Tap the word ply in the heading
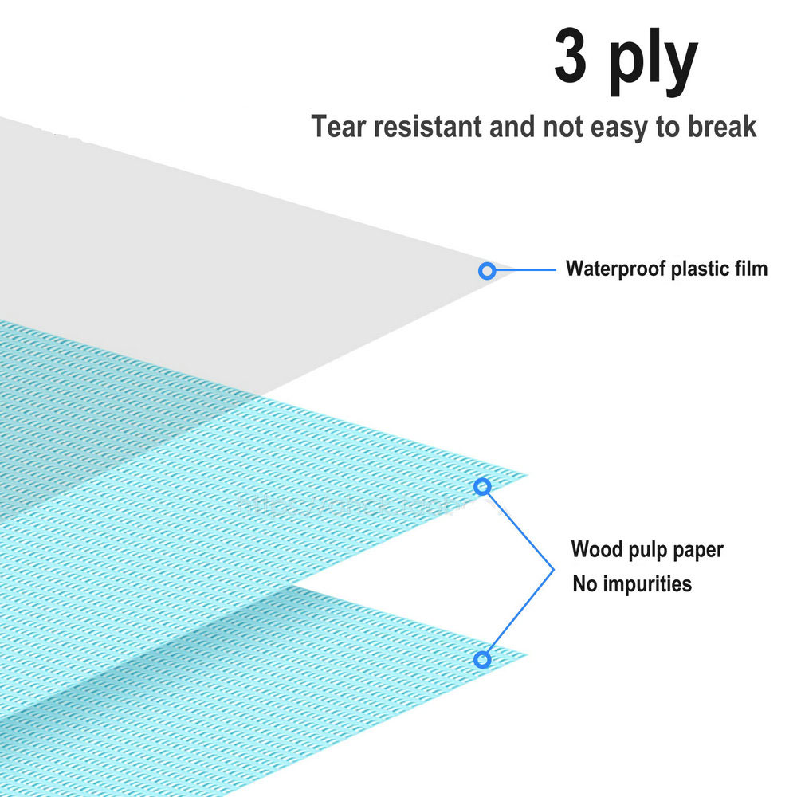click(653, 62)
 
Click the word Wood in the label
click(595, 549)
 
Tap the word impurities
click(648, 584)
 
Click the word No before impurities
click(584, 584)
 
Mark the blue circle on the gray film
click(486, 271)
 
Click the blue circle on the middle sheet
click(482, 486)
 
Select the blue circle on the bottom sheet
click(481, 659)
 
